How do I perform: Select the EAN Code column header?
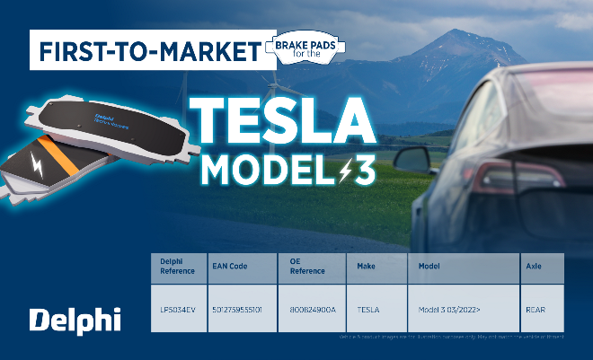pos(229,267)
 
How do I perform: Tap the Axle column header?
pos(533,267)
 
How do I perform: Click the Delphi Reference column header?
pos(177,267)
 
